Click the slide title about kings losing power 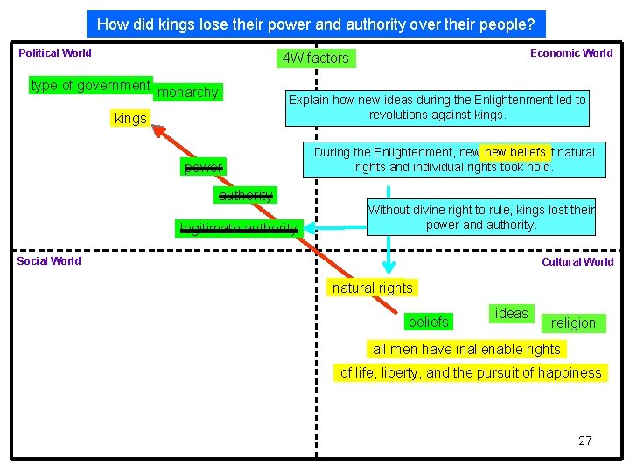tap(316, 24)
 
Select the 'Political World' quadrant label tap(55, 53)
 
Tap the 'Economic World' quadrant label tap(571, 53)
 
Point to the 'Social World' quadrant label tap(49, 260)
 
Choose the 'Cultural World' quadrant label tap(577, 261)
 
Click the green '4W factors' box tap(316, 59)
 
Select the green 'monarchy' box tap(189, 92)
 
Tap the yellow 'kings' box tap(130, 118)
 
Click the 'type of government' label tap(90, 85)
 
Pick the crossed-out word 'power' tap(203, 167)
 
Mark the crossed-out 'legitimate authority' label tap(238, 229)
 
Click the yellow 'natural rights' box tap(372, 288)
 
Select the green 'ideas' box tap(511, 313)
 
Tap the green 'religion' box tap(573, 323)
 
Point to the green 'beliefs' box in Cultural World tap(428, 322)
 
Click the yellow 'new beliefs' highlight tap(515, 153)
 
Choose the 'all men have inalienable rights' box tap(466, 349)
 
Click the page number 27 tap(585, 441)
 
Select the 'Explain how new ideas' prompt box tap(437, 108)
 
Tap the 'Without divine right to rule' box tap(480, 217)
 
